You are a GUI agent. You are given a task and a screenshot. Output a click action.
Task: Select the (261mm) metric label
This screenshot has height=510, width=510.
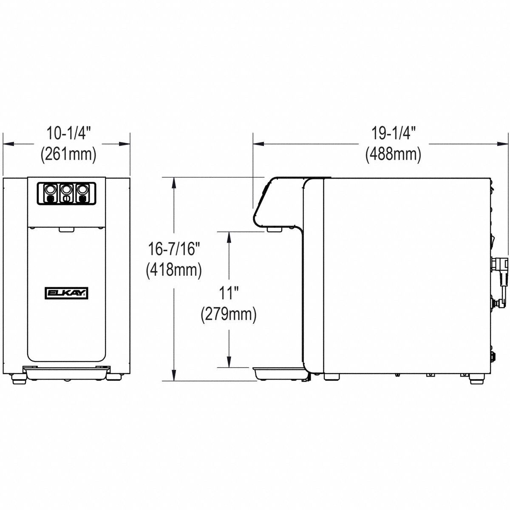click(x=68, y=153)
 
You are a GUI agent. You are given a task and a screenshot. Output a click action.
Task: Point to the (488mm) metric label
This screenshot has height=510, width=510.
click(x=393, y=154)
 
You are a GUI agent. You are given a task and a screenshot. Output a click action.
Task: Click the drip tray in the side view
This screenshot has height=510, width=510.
click(x=278, y=373)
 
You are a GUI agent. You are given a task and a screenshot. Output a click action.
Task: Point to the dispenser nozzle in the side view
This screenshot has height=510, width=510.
click(x=275, y=229)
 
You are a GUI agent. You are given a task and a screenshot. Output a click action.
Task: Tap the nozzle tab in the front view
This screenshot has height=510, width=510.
click(x=65, y=229)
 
